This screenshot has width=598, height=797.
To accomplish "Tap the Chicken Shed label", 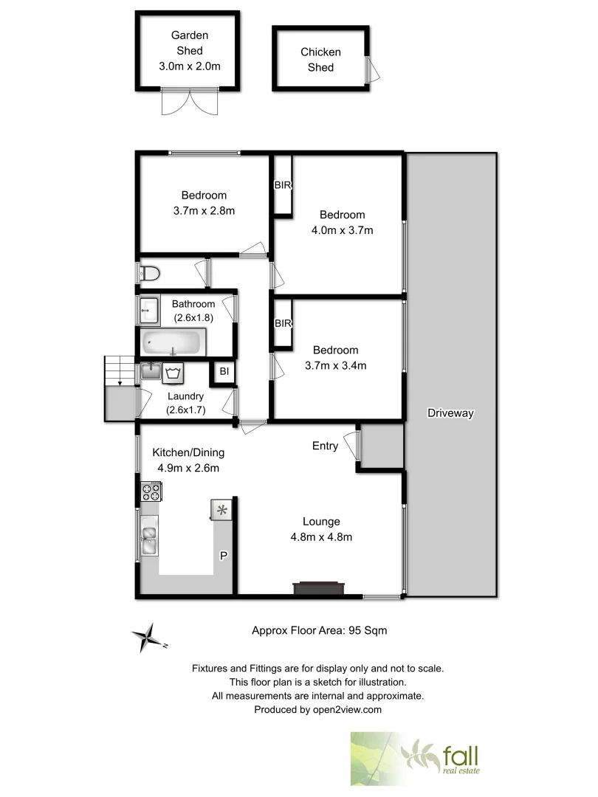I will (x=320, y=60).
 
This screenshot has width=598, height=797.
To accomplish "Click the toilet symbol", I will (x=150, y=273).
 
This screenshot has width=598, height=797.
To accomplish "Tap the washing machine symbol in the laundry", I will (x=175, y=372).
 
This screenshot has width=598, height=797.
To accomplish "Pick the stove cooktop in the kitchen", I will (x=151, y=490).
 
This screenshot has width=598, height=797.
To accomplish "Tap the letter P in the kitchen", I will (x=222, y=554).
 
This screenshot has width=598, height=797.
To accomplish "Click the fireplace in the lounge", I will (x=318, y=587).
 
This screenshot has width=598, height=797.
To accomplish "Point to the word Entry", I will (x=325, y=446).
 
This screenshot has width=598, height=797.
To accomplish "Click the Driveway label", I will (x=450, y=413).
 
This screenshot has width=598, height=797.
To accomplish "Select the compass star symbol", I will (x=148, y=638).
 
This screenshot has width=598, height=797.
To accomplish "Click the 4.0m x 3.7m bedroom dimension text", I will (x=342, y=230).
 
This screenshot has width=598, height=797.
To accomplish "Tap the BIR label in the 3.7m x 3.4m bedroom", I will (x=283, y=323).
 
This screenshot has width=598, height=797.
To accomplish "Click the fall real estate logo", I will (x=417, y=758).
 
